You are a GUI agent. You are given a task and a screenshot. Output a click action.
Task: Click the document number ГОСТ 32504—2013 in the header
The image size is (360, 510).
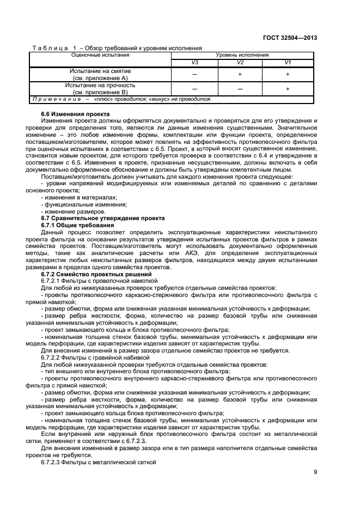click(291, 38)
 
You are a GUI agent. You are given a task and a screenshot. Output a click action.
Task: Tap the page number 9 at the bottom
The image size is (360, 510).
click(315, 472)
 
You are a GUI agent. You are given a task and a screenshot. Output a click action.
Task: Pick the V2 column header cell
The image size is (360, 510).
click(240, 63)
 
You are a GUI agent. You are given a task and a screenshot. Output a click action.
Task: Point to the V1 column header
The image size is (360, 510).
click(287, 63)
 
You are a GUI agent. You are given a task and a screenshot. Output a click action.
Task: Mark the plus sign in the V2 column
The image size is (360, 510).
click(240, 74)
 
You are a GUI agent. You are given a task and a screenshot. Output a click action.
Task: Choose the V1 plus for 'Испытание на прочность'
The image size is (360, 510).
click(287, 89)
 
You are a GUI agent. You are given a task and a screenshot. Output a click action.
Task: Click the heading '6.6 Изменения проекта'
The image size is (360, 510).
click(68, 114)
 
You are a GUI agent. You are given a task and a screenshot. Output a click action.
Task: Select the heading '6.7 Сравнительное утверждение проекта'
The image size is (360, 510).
click(95, 217)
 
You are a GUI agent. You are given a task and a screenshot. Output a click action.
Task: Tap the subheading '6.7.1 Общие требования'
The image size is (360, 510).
click(77, 224)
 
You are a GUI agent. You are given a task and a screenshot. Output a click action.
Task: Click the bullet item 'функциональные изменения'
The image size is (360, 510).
click(76, 204)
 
